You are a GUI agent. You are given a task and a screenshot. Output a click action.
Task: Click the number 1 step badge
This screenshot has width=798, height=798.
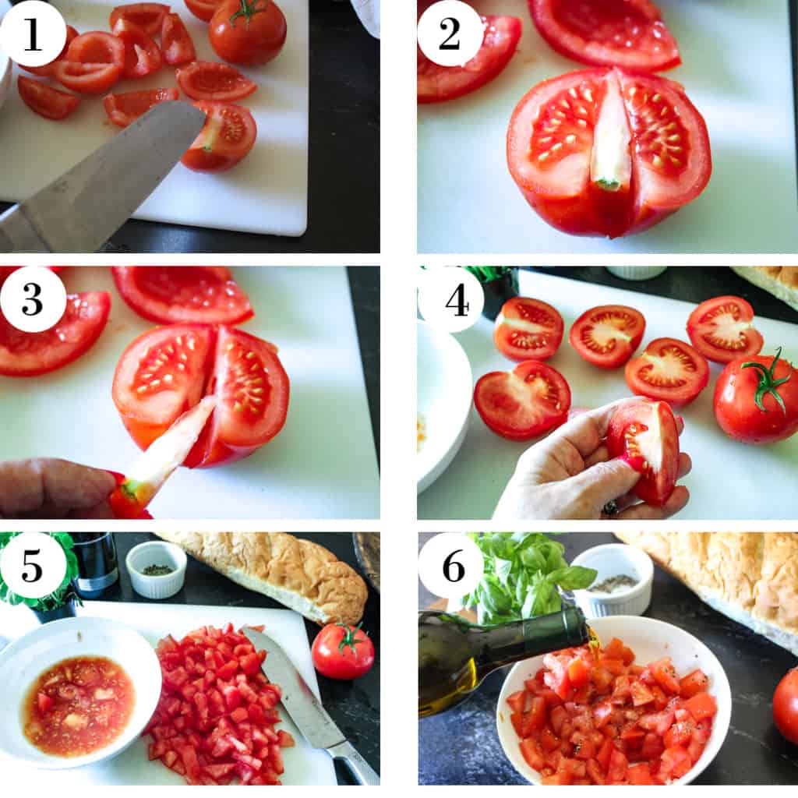point(33,34)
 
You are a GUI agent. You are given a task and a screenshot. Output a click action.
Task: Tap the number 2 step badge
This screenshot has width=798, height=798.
point(450,34)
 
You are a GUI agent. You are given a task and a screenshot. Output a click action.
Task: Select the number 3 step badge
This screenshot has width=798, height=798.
point(33,299)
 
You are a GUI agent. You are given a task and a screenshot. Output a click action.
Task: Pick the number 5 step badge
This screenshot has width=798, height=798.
point(33,566)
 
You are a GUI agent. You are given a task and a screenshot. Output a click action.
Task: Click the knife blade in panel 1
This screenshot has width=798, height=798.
point(102,173)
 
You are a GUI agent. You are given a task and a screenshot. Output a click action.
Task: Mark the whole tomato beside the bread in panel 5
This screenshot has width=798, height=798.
point(343,651)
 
